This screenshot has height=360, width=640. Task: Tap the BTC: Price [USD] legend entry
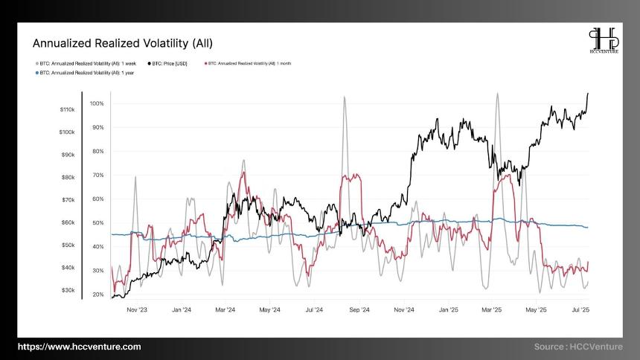pyautogui.click(x=170, y=64)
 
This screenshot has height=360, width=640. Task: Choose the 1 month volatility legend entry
pyautogui.click(x=249, y=64)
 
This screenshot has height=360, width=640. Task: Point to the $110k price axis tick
pyautogui.click(x=67, y=109)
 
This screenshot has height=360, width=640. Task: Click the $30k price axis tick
pyautogui.click(x=67, y=290)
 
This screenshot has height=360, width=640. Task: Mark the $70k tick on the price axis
pyautogui.click(x=67, y=200)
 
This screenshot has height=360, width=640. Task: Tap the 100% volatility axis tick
pyautogui.click(x=97, y=103)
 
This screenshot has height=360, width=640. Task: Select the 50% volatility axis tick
pyautogui.click(x=97, y=223)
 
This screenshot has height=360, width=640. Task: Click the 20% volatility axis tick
pyautogui.click(x=97, y=295)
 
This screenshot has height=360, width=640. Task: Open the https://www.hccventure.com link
pyautogui.click(x=79, y=347)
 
